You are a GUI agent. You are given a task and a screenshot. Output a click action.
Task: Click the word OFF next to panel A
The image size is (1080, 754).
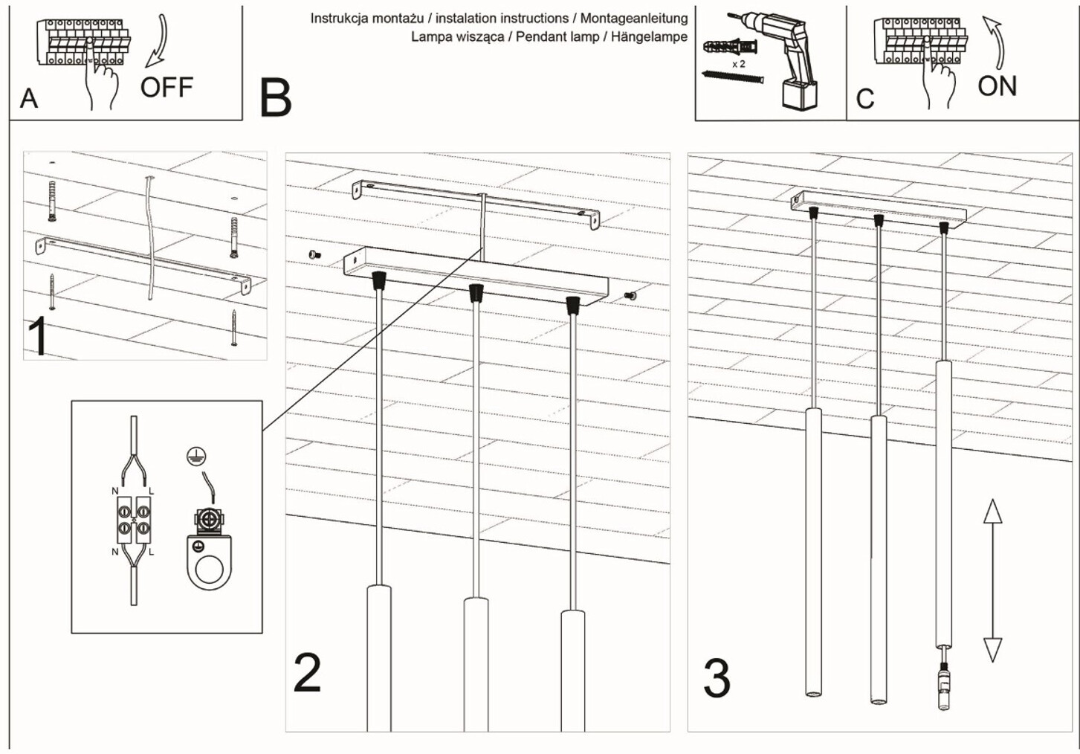pyautogui.click(x=166, y=87)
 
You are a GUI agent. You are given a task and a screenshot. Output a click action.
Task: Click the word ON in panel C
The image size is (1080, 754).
pyautogui.click(x=997, y=86)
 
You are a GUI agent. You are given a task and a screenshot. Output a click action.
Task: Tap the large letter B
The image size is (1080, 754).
pyautogui.click(x=275, y=98)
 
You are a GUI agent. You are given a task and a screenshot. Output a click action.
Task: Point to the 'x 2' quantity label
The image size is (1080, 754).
pyautogui.click(x=739, y=64)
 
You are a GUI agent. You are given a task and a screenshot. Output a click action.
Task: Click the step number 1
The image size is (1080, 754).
pyautogui.click(x=38, y=336)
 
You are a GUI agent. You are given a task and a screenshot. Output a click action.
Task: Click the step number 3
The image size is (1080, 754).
pyautogui.click(x=717, y=678)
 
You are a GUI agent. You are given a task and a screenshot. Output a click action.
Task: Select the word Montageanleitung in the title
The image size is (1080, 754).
pyautogui.click(x=633, y=19)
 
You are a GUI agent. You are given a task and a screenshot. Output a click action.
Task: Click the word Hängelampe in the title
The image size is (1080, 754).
pyautogui.click(x=649, y=36)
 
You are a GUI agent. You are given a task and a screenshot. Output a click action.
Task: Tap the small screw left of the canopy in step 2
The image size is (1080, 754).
pyautogui.click(x=315, y=255)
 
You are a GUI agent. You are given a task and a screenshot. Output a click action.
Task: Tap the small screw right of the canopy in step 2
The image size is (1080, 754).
pyautogui.click(x=630, y=294)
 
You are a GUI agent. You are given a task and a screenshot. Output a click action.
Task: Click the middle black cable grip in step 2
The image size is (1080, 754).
pyautogui.click(x=476, y=293)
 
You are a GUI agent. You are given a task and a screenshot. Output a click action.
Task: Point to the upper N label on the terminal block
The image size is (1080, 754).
pyautogui.click(x=114, y=491)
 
